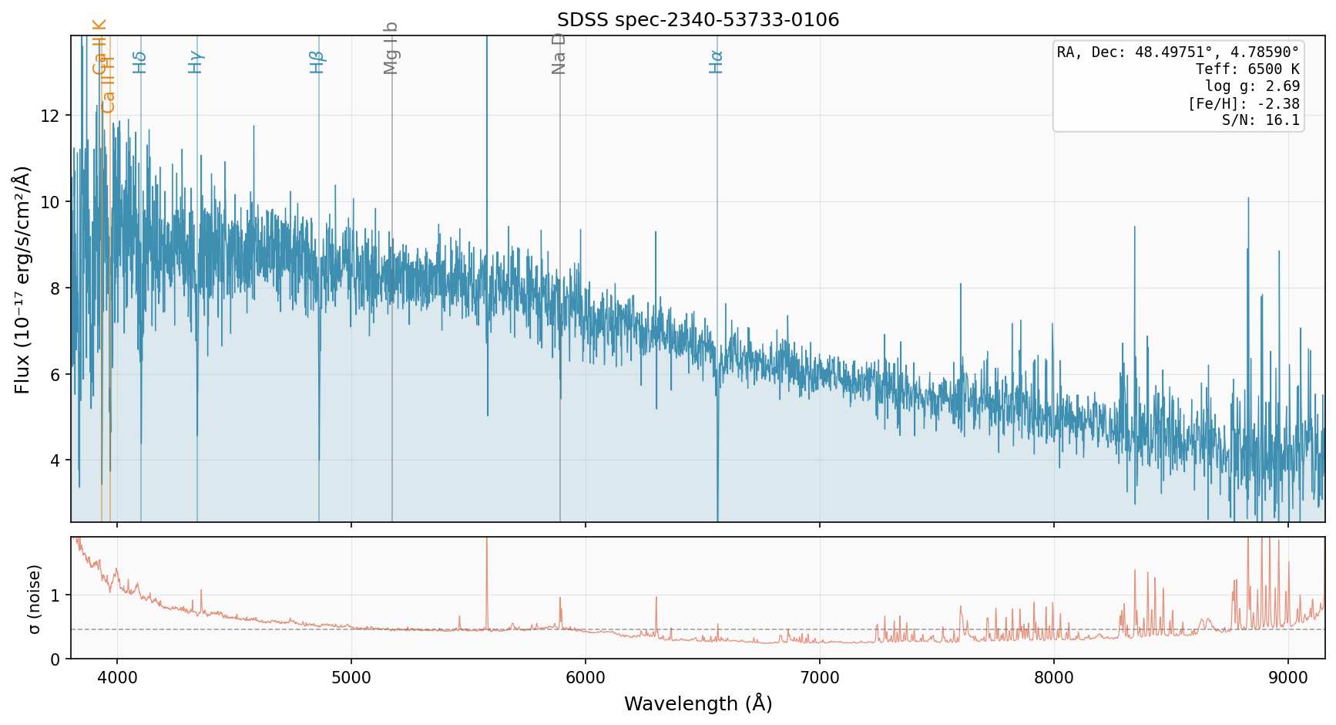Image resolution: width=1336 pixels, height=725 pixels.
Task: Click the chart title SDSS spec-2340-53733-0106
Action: tap(697, 20)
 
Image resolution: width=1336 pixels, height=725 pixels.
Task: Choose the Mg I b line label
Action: tap(391, 48)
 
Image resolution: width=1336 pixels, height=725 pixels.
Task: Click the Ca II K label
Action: tap(100, 46)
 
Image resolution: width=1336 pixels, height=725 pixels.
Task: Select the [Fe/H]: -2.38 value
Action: tap(1244, 103)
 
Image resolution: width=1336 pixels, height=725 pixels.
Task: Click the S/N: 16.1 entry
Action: tap(1260, 120)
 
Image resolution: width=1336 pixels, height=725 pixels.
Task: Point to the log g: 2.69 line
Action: tap(1252, 86)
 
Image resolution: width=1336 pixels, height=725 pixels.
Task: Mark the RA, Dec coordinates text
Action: tap(1178, 52)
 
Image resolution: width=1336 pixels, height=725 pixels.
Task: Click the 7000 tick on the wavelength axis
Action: tap(819, 678)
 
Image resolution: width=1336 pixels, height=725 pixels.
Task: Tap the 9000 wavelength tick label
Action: tap(1288, 678)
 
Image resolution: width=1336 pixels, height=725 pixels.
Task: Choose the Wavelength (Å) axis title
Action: tap(697, 704)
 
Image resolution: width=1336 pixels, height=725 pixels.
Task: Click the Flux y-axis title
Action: tap(22, 279)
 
